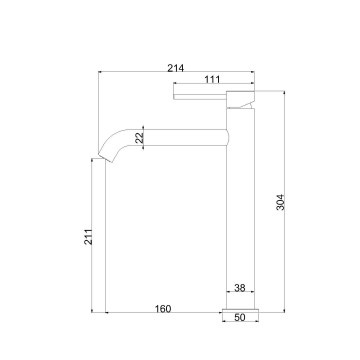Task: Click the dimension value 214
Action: coord(175,68)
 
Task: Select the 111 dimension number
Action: coord(212,79)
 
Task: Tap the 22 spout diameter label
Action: coord(140,138)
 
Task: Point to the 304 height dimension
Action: coord(281,202)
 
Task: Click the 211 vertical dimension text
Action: coord(88,237)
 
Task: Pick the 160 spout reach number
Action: coord(163,309)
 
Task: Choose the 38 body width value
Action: coord(240,288)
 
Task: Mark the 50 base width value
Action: coord(240,318)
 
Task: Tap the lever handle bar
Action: coord(200,97)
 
